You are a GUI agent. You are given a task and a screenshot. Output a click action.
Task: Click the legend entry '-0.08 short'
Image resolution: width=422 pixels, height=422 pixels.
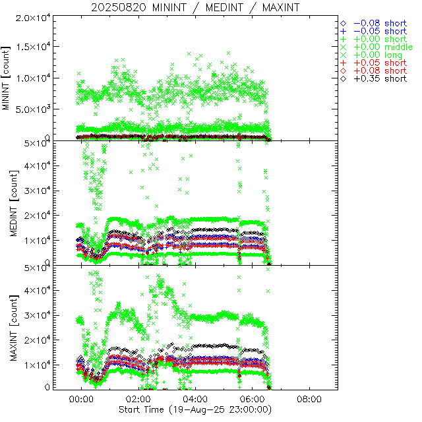380,23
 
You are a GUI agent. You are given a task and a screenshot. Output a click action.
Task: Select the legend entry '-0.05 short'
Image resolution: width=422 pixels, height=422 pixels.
380,31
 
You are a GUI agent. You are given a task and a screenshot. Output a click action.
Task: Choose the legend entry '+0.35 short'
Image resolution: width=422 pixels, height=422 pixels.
380,78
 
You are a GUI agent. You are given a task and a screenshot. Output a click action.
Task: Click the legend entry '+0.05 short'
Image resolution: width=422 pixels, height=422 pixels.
380,63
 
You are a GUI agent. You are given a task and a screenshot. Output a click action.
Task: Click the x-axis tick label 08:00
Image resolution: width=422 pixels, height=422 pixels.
309,399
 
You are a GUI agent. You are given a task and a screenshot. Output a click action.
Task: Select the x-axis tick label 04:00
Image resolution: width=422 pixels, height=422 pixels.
196,399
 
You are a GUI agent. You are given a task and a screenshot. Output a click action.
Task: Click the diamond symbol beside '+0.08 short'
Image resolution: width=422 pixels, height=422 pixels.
344,71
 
